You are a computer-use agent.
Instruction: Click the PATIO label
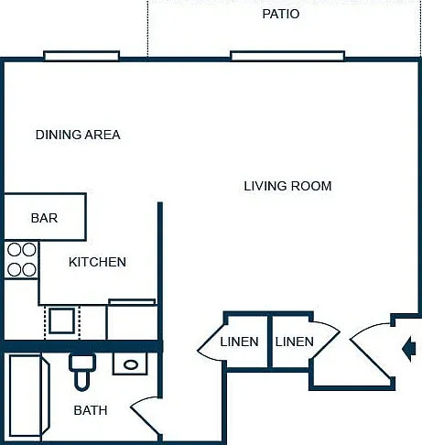(x=281, y=14)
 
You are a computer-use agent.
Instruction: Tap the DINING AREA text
(x=78, y=135)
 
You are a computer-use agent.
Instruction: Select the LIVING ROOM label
(x=287, y=186)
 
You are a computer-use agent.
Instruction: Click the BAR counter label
(x=44, y=218)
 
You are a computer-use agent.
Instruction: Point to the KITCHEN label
(x=97, y=262)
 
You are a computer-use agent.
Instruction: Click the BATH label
(x=91, y=410)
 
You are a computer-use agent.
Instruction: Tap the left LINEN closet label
(x=239, y=342)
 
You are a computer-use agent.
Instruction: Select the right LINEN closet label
(x=295, y=342)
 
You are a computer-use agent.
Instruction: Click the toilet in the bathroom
(x=82, y=372)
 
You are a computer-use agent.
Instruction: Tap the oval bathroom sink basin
(x=131, y=364)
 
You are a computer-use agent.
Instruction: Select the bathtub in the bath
(x=28, y=396)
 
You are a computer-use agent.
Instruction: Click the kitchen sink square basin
(x=62, y=320)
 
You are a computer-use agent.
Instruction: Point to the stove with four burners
(x=21, y=260)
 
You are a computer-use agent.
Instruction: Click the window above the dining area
(x=81, y=56)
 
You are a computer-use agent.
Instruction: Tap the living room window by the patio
(x=287, y=56)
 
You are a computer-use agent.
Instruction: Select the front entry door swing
(x=371, y=351)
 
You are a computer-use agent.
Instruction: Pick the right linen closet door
(x=325, y=341)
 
